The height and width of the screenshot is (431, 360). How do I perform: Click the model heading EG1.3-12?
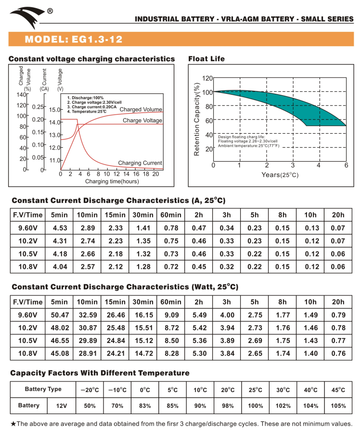coord(80,38)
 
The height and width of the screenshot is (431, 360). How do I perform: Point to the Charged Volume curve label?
coord(141,110)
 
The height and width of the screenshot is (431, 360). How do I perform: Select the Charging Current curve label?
coord(140,163)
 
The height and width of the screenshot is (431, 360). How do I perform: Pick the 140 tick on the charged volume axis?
coord(21,94)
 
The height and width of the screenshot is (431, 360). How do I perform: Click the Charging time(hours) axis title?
coord(112,181)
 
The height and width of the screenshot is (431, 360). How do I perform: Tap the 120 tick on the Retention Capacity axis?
coord(207,78)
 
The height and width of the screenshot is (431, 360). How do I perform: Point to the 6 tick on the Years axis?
coord(346,165)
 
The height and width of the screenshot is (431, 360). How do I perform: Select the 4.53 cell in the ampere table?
coord(59,228)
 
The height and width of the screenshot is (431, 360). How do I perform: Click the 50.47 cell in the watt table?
coord(59,315)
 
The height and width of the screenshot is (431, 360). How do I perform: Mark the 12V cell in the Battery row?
coord(61,406)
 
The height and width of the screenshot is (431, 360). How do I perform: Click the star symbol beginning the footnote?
coord(13,424)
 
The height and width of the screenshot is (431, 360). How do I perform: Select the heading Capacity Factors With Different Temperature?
coord(100,373)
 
